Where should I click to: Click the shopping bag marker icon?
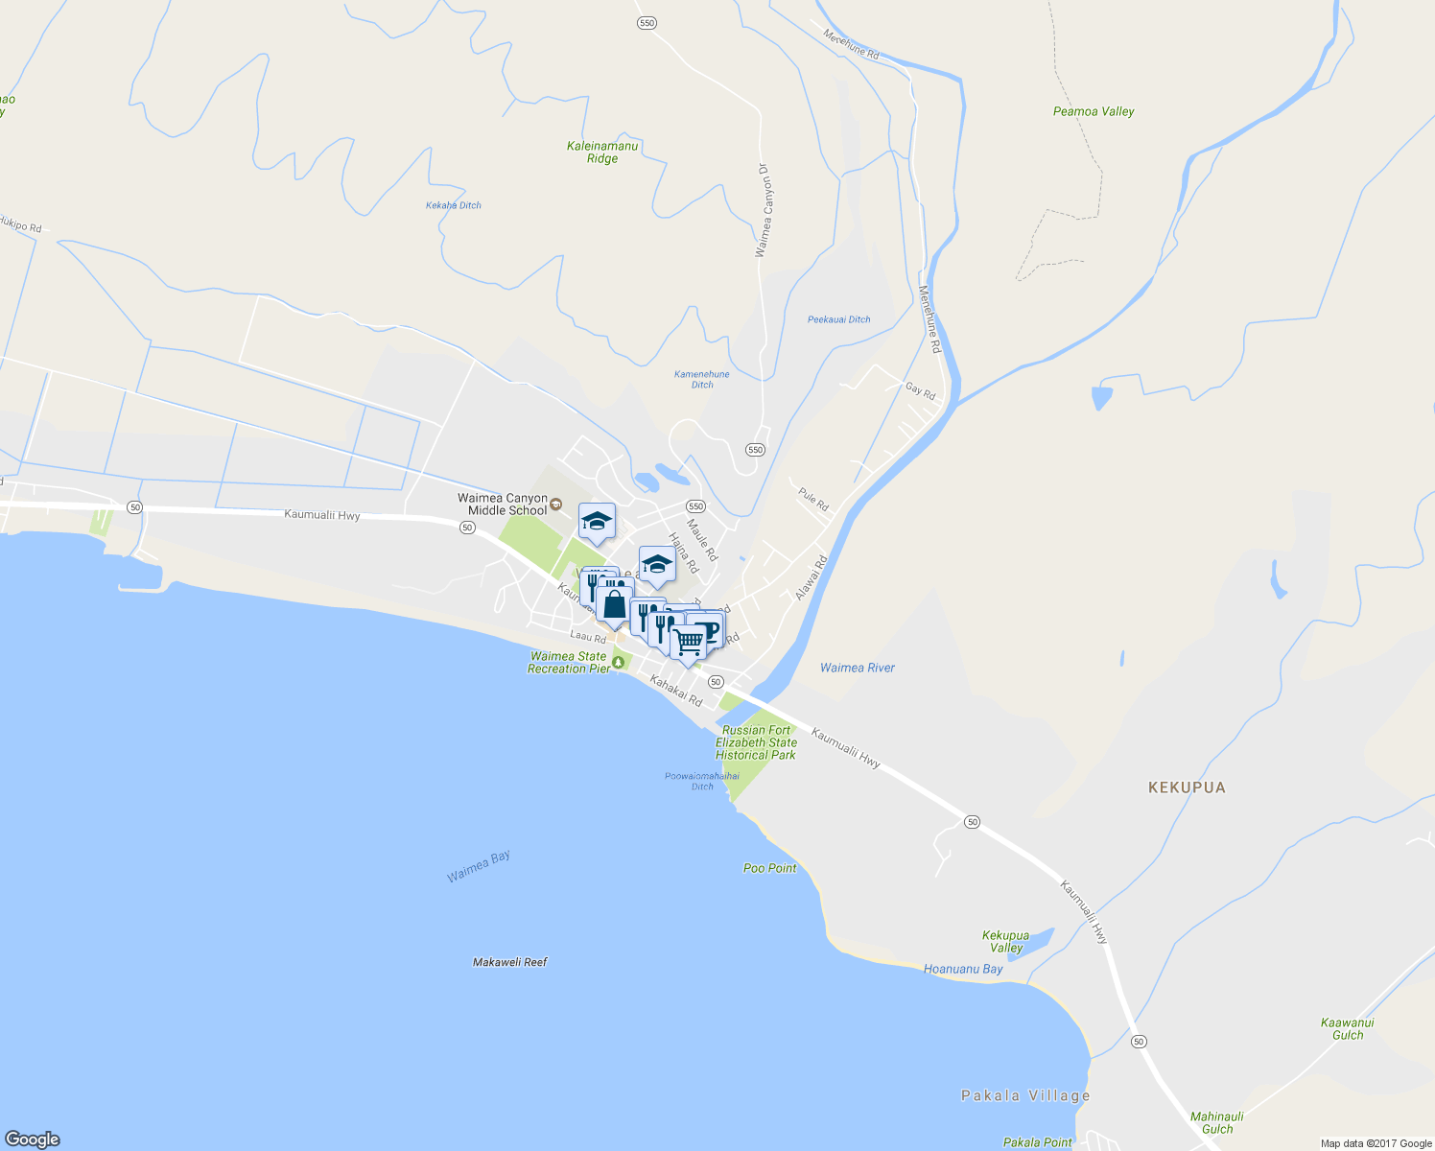coord(614,605)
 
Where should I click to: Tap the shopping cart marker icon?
coord(689,641)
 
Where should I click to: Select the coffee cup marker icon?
coord(708,629)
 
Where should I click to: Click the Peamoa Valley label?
coord(1094,111)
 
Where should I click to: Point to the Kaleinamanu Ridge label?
coord(602,153)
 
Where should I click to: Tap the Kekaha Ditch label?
coord(454,205)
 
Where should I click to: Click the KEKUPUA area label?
coord(1187,787)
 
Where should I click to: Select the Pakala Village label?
coord(1025,1095)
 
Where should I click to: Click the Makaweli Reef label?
coord(509,962)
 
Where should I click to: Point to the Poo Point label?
coord(770,868)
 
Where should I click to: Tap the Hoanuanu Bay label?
coord(963,969)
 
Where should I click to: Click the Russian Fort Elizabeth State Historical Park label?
coord(756,742)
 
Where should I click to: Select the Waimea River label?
coord(858,668)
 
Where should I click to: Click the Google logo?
coord(32,1139)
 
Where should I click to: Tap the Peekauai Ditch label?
coord(839,319)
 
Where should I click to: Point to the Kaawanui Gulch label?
coord(1348,1028)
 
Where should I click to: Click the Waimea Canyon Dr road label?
coord(763,210)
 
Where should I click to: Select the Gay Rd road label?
coord(920,389)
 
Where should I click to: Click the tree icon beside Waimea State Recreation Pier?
coord(618,662)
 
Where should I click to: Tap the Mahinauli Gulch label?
coord(1217,1122)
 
